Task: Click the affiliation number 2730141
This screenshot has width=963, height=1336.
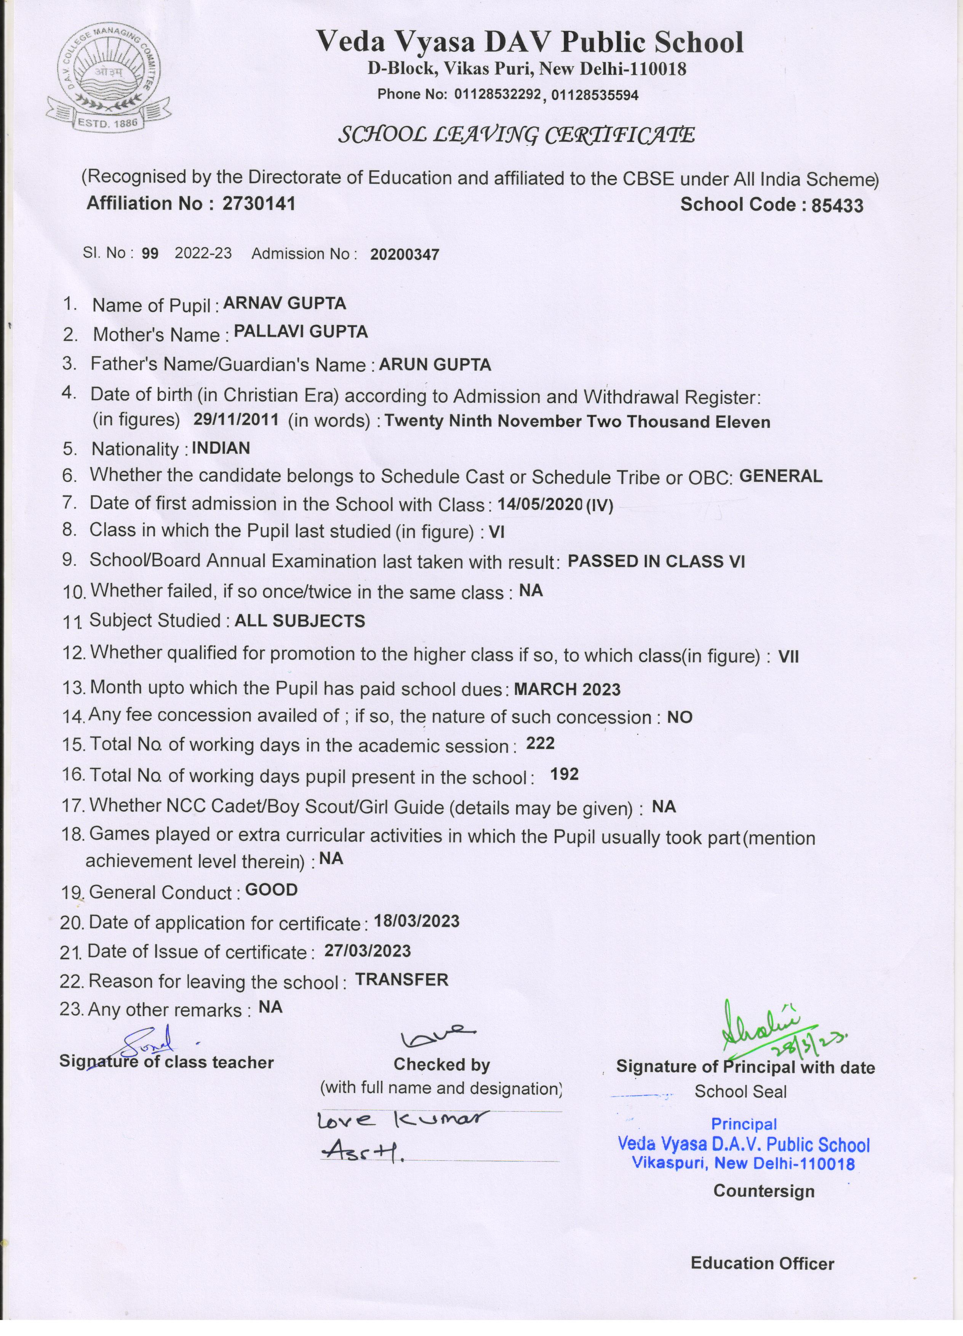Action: point(259,204)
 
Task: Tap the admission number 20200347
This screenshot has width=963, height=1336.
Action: point(405,254)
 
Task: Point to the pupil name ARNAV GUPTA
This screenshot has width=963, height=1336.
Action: point(285,303)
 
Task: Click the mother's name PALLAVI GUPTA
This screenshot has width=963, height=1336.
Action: point(301,332)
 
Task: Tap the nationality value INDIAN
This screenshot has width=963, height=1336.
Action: point(221,448)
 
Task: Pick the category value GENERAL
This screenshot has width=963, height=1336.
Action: point(781,476)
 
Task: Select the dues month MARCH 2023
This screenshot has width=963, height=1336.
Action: point(567,689)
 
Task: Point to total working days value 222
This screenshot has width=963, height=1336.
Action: point(540,743)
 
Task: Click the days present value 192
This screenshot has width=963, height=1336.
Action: point(564,774)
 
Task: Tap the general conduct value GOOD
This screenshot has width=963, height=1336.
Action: point(271,890)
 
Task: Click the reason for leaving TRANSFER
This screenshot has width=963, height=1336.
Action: point(402,979)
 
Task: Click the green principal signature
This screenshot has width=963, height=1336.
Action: point(771,1030)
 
